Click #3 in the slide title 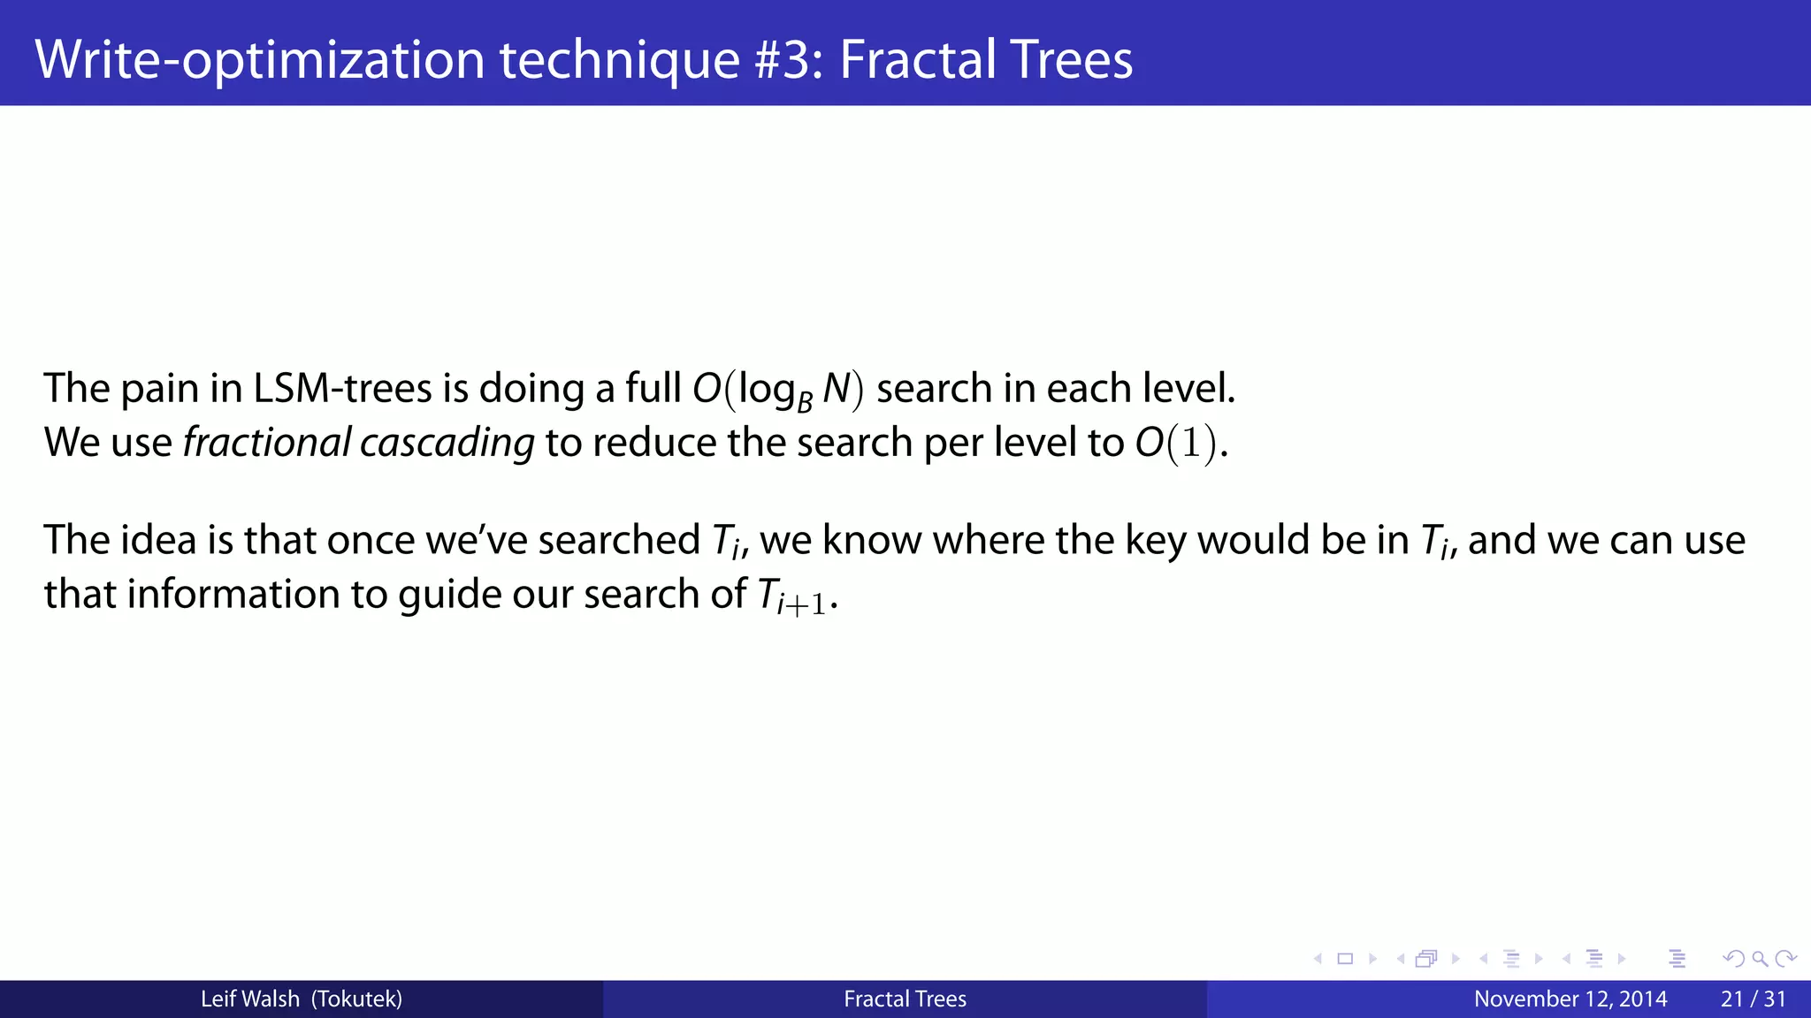(x=787, y=59)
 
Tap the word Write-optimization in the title (x=259, y=59)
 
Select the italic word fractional (x=267, y=443)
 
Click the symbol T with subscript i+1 (x=792, y=596)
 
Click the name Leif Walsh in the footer (x=249, y=999)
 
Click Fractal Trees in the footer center (x=905, y=999)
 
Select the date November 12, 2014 (x=1570, y=999)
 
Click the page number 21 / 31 (x=1753, y=999)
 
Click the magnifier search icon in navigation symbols (x=1760, y=959)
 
